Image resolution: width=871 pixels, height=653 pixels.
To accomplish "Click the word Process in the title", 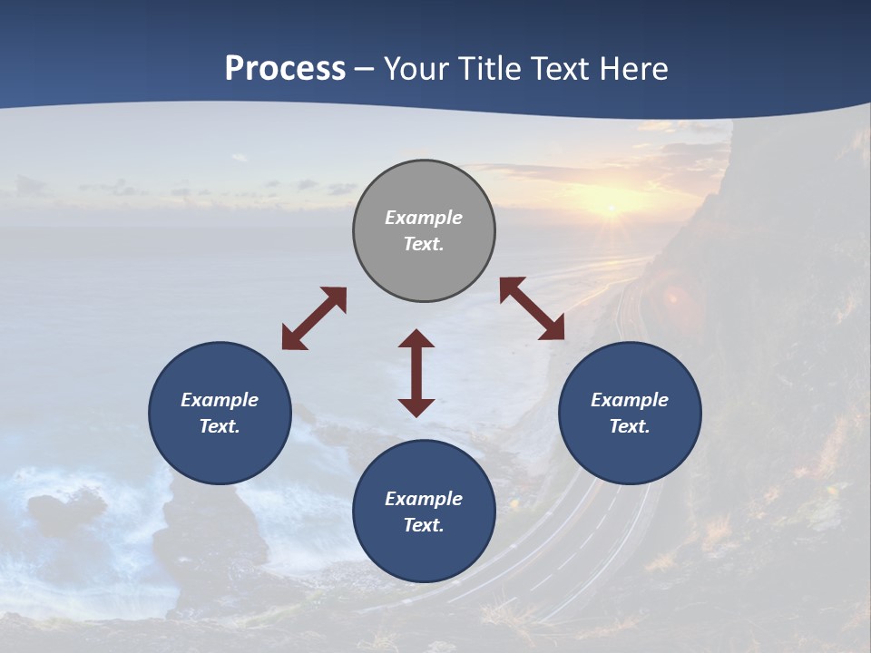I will click(x=285, y=69).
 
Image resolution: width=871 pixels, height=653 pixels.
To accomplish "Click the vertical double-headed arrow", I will click(x=416, y=373).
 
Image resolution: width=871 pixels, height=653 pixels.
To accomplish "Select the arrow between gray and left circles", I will click(x=314, y=318).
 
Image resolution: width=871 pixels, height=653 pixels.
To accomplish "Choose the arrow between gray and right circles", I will click(x=533, y=309).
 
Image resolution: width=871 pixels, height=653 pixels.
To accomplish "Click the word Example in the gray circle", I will click(x=424, y=218).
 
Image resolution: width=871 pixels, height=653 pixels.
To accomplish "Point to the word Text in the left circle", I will click(x=220, y=426).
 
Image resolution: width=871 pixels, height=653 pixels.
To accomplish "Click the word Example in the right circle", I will click(x=630, y=400).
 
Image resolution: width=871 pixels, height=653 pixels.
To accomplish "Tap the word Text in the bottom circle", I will click(x=424, y=525).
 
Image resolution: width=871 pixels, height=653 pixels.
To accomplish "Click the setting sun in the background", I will click(x=610, y=208).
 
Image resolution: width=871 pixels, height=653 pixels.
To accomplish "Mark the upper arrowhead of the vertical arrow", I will click(x=416, y=339).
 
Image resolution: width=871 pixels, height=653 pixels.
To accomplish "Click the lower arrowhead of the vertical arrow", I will click(x=416, y=406).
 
